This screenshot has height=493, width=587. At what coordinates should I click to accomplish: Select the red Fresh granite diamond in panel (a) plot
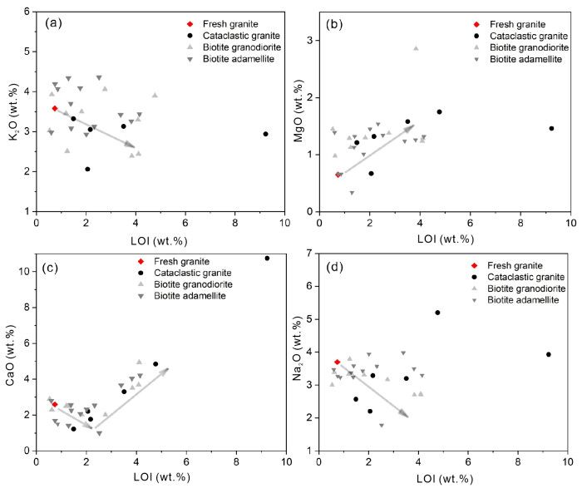pyautogui.click(x=55, y=108)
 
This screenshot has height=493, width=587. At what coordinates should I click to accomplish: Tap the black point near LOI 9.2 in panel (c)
pyautogui.click(x=267, y=259)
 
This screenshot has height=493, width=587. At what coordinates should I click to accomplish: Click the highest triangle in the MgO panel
pyautogui.click(x=416, y=48)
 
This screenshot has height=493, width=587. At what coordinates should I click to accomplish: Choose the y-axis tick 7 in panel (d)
pyautogui.click(x=311, y=253)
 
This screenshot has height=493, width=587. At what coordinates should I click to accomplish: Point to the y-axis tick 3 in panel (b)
pyautogui.click(x=311, y=41)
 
